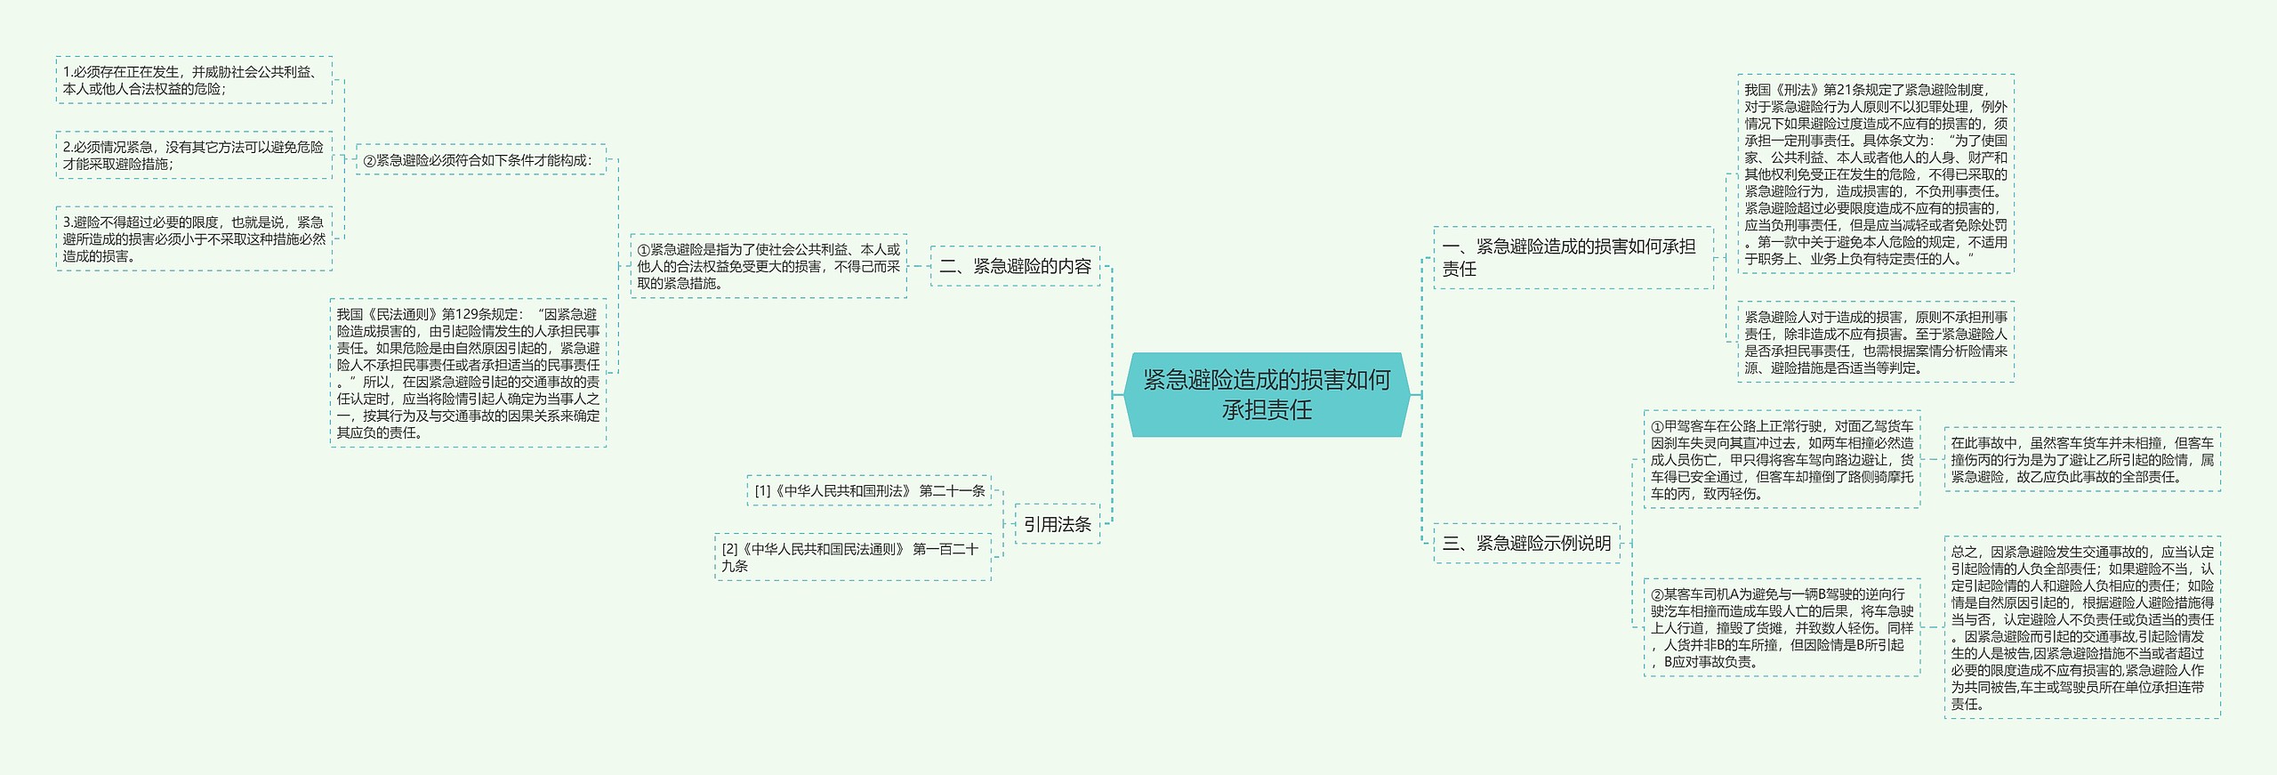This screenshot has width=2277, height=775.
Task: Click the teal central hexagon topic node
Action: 1267,394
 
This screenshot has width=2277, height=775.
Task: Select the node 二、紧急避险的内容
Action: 1015,266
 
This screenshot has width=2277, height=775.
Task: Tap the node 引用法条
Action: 1057,524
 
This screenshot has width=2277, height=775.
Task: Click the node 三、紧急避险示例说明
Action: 1526,543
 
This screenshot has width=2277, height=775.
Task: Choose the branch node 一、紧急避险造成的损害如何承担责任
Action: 1572,257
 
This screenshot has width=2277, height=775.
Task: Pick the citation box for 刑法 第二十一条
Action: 869,490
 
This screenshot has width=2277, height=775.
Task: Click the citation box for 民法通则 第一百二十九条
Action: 852,557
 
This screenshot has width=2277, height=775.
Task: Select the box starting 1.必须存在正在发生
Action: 194,80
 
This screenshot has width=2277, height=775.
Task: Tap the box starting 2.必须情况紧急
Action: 194,155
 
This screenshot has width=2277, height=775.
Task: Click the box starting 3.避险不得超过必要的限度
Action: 194,238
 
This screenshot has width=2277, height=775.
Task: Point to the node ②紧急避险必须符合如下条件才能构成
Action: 480,160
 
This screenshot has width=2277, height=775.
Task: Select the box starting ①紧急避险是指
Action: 768,266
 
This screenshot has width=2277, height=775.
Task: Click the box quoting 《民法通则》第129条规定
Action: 468,373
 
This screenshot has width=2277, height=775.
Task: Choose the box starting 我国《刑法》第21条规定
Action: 1875,174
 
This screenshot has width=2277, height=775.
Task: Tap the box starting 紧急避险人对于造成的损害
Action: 1875,342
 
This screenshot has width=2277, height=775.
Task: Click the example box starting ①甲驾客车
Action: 1782,459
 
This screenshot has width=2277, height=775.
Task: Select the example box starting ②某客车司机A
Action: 1782,627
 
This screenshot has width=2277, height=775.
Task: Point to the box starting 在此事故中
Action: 2081,459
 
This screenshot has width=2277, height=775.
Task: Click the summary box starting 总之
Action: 2081,627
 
